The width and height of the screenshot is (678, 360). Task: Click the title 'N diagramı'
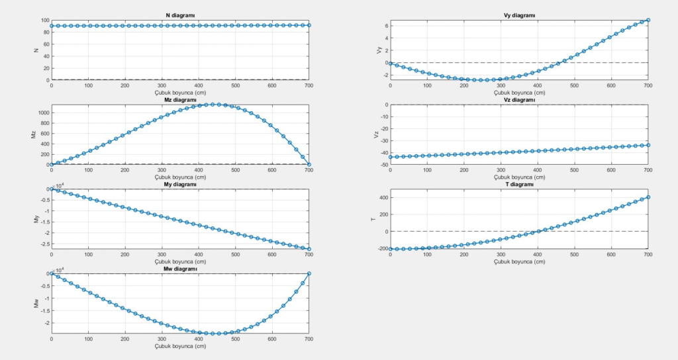(180, 15)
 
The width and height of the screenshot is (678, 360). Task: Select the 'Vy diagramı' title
(519, 15)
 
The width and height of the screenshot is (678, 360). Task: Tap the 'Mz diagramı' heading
(180, 100)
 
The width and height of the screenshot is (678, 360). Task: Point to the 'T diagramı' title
(519, 185)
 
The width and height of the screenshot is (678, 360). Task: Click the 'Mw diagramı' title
(180, 269)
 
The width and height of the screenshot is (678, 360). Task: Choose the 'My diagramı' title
(180, 185)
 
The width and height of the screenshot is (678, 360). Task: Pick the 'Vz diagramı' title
(519, 100)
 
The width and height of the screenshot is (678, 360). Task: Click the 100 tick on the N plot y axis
(44, 20)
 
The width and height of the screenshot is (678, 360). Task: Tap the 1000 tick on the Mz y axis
(42, 112)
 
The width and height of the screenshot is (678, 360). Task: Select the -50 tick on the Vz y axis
(381, 164)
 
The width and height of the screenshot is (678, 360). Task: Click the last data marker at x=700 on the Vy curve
(648, 20)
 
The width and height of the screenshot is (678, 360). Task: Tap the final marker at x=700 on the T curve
(648, 197)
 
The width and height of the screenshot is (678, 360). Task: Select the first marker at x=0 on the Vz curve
(391, 157)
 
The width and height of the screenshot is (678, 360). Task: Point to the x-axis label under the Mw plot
(180, 346)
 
